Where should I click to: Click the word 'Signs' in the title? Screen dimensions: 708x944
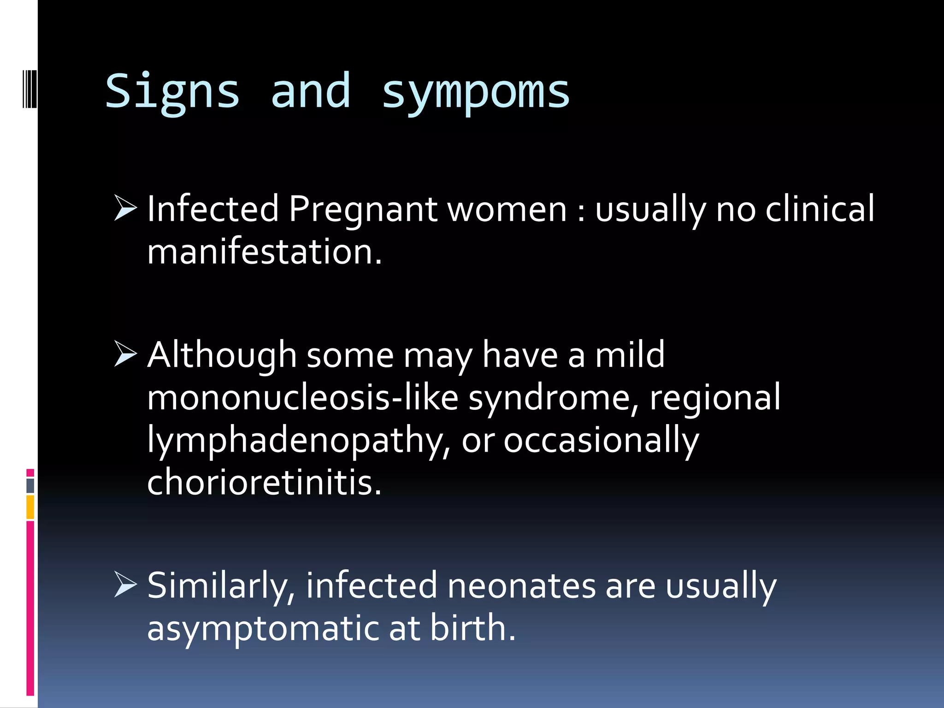pyautogui.click(x=173, y=92)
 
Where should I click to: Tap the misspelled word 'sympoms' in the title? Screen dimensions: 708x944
pyautogui.click(x=476, y=92)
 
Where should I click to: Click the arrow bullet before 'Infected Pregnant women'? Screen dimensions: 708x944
pyautogui.click(x=125, y=208)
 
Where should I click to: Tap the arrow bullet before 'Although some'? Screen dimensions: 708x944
pyautogui.click(x=125, y=354)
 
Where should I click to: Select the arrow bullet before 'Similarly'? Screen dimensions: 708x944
pyautogui.click(x=125, y=584)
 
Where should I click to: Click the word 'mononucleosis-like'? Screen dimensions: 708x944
pyautogui.click(x=302, y=397)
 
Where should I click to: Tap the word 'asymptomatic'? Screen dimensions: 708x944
pyautogui.click(x=263, y=628)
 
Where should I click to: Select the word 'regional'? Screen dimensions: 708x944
pyautogui.click(x=715, y=397)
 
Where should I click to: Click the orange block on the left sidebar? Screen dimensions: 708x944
pyautogui.click(x=30, y=507)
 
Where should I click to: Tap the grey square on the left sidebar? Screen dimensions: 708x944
pyautogui.click(x=30, y=486)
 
